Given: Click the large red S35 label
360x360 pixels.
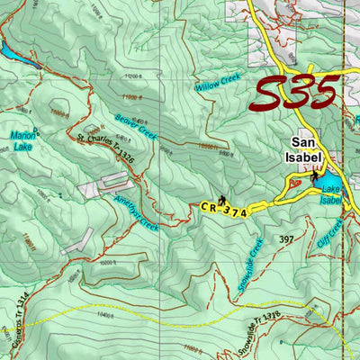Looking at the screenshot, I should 295,93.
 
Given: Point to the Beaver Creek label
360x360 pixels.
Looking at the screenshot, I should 136,126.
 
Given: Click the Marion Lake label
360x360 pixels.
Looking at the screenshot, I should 23,139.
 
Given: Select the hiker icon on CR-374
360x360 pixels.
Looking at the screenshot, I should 220,198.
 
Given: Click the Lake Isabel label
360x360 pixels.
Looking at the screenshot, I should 331,194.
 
